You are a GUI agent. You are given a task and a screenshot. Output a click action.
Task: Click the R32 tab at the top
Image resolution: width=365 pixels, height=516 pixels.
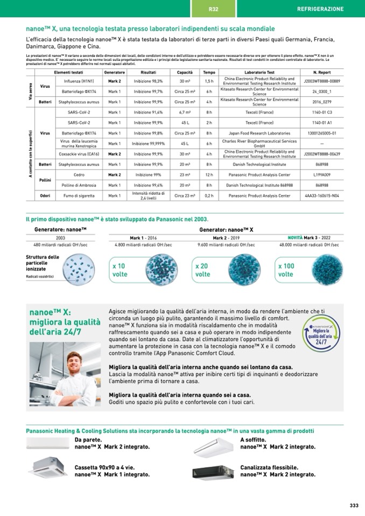(213, 9)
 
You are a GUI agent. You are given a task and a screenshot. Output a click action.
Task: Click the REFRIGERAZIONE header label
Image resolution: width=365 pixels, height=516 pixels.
(320, 9)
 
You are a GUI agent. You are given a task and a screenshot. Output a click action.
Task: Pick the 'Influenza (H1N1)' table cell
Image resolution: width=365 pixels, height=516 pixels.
(75, 81)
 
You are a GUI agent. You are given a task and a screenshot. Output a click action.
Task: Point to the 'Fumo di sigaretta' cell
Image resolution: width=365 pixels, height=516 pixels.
(75, 196)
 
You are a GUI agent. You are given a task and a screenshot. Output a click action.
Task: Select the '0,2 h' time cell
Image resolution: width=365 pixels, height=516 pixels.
(209, 196)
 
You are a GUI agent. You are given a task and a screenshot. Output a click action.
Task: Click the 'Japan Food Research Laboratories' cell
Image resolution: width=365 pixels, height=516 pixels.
(259, 133)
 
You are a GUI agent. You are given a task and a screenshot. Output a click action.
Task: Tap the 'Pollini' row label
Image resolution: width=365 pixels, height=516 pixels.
(45, 180)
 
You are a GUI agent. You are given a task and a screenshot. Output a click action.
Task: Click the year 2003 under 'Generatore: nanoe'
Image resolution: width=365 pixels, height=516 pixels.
(60, 237)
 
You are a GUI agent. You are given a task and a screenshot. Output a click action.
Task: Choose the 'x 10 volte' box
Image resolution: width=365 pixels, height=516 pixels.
(121, 270)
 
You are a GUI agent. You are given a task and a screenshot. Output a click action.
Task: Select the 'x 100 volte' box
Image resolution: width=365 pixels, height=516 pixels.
(287, 270)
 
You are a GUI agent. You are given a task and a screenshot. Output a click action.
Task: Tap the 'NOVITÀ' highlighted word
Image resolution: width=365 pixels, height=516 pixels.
(295, 237)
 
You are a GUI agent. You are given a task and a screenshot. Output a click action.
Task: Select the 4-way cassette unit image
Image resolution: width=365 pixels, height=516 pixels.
(48, 467)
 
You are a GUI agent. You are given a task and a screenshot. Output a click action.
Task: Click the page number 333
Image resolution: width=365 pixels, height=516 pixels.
(354, 505)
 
